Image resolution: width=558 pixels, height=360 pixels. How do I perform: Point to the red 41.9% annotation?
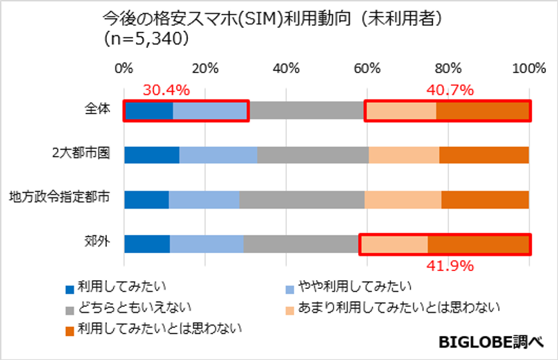(x=450, y=266)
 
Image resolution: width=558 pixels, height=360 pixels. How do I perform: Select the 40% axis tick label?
(x=286, y=68)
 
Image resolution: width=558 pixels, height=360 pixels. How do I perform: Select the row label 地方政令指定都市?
(x=59, y=199)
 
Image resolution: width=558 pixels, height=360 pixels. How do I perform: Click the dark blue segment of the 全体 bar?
(x=149, y=110)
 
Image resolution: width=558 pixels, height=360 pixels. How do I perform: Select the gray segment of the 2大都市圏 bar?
(x=313, y=154)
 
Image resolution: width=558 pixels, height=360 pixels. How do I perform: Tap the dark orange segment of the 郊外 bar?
(x=478, y=244)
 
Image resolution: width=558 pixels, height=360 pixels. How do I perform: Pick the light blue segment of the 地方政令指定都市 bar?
(x=204, y=199)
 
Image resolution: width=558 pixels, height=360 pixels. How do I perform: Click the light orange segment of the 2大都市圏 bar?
(x=404, y=154)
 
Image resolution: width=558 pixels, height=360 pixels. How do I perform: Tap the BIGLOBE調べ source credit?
(x=491, y=342)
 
